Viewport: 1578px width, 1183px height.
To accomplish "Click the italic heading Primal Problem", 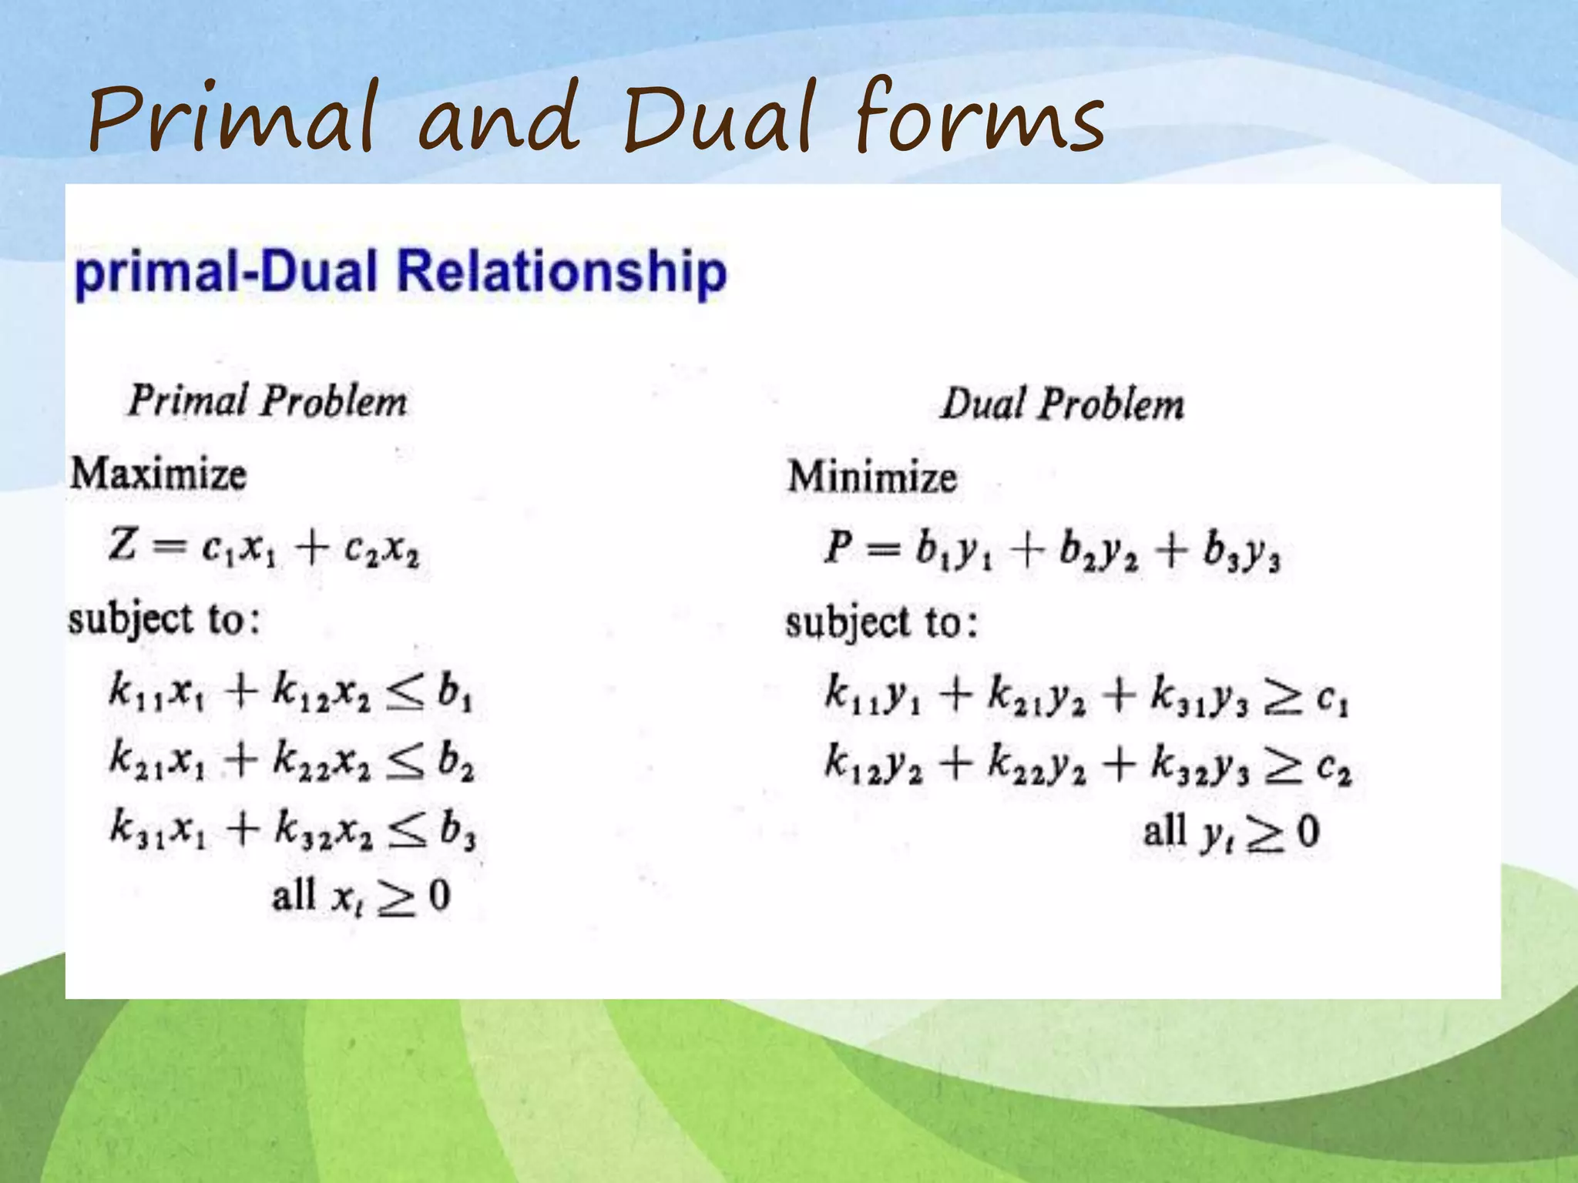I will (x=267, y=401).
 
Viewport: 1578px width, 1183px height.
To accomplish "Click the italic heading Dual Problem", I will (x=1062, y=404).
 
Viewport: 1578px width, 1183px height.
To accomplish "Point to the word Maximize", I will (x=159, y=474).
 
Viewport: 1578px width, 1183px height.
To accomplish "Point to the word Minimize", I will (x=872, y=477).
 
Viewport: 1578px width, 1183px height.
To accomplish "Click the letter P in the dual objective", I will (x=838, y=548).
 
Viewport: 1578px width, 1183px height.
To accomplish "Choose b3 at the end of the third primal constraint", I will (x=458, y=830).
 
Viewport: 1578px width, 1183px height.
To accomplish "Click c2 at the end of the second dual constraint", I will (x=1334, y=768).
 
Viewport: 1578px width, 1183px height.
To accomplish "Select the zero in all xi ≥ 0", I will (x=439, y=896).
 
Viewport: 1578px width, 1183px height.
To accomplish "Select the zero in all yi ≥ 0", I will (x=1308, y=832).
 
